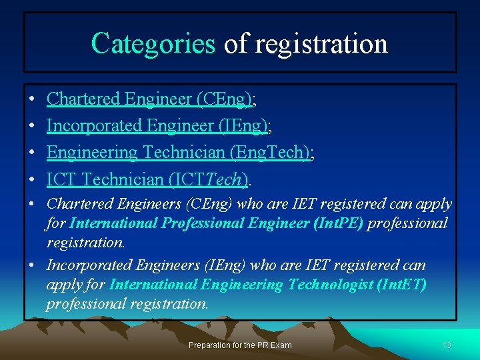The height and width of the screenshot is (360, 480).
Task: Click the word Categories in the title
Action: point(153,43)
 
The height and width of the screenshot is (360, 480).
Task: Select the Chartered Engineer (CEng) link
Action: point(149,99)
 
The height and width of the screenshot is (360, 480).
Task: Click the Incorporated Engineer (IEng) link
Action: point(157,126)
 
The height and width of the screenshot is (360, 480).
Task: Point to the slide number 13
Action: point(447,345)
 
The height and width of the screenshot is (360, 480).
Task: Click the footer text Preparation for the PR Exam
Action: point(239,345)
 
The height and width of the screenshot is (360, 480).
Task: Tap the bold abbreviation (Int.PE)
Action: point(338,223)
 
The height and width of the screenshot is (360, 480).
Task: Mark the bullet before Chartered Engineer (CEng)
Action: point(32,100)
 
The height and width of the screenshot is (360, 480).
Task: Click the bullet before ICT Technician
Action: point(32,180)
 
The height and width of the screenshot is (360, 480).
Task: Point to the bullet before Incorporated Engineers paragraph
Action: point(32,265)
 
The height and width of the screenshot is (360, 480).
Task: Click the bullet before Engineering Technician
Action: point(32,153)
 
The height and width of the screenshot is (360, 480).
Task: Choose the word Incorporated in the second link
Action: point(94,126)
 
